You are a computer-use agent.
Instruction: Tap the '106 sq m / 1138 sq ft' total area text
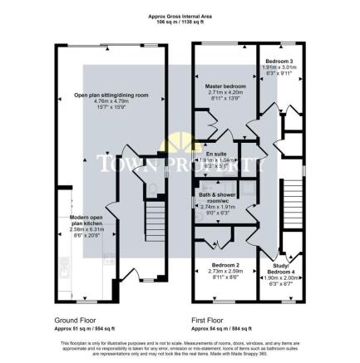point(180,21)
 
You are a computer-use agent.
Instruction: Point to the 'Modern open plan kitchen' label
point(86,220)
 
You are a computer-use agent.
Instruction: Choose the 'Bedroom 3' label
point(279,62)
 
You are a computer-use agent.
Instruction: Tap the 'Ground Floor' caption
point(72,319)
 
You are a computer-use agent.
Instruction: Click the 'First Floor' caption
point(209,319)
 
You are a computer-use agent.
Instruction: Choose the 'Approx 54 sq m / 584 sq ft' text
point(216,327)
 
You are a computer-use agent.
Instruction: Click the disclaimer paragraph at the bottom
point(180,347)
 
